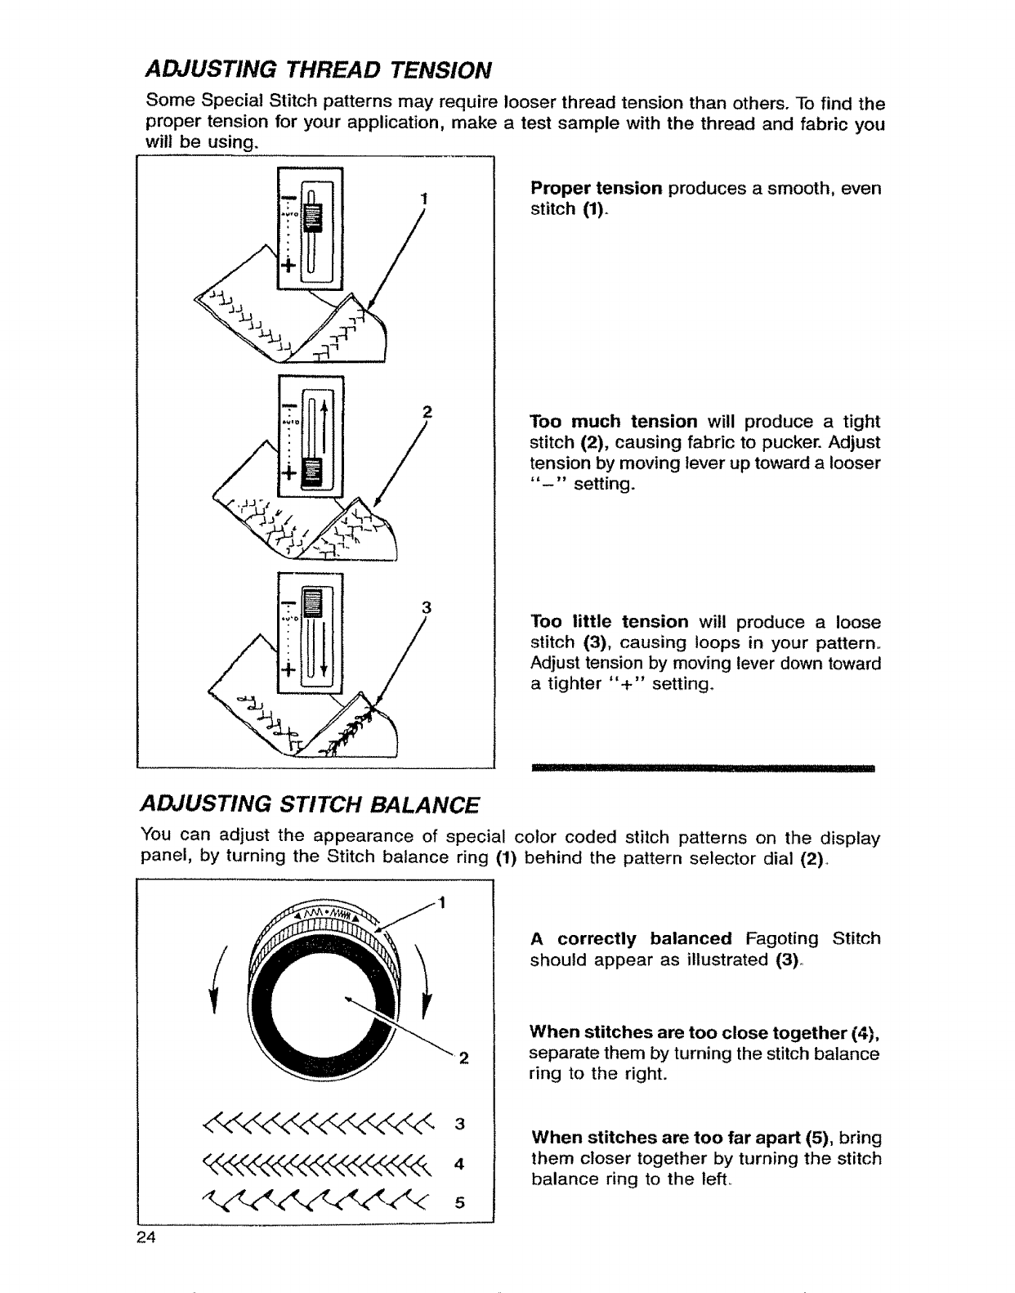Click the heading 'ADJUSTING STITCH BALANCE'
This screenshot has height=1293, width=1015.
click(310, 804)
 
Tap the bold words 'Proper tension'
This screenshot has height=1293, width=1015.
click(596, 189)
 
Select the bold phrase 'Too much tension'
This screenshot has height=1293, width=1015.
click(614, 422)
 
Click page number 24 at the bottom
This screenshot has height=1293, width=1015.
click(148, 1237)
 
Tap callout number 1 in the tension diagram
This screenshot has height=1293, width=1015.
click(423, 198)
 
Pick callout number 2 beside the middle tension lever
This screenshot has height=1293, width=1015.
click(425, 411)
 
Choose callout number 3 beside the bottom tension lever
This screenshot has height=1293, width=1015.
click(426, 607)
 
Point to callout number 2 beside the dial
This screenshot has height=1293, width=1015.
click(463, 1060)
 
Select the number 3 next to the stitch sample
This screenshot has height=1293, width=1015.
click(459, 1124)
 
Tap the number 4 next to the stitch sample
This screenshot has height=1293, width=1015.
click(459, 1163)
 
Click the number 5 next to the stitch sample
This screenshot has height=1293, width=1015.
click(459, 1202)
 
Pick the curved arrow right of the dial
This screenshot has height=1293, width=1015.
click(424, 977)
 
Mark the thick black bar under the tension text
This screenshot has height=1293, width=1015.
click(703, 768)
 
